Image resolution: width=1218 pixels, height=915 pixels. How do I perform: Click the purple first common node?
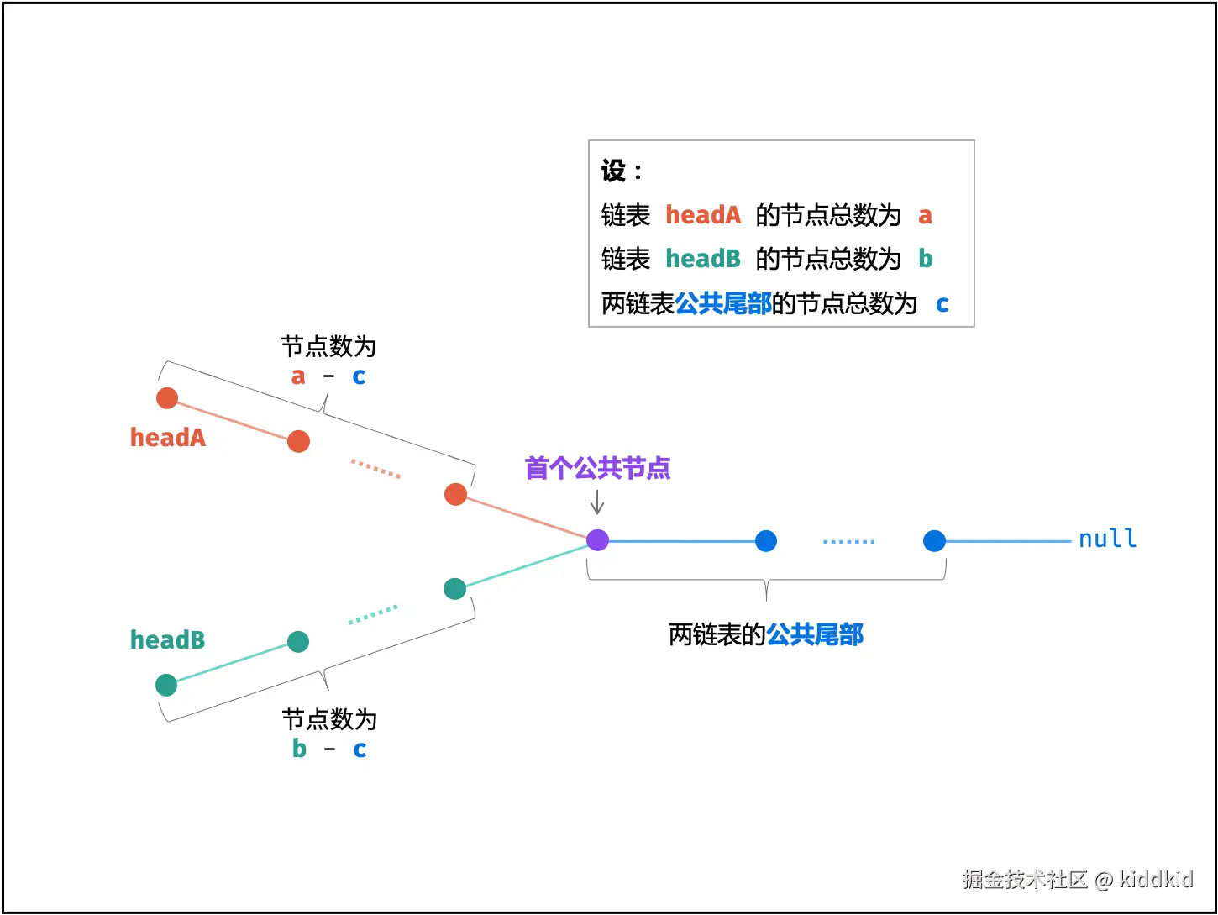pyautogui.click(x=597, y=539)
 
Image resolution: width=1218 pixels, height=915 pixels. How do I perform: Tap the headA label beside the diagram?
pyautogui.click(x=168, y=438)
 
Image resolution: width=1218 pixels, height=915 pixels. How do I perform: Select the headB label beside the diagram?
pyautogui.click(x=168, y=640)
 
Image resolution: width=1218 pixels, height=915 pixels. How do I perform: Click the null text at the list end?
pyautogui.click(x=1107, y=539)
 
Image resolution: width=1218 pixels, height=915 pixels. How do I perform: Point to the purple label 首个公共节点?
pyautogui.click(x=597, y=468)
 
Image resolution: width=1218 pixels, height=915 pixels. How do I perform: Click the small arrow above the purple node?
pyautogui.click(x=597, y=503)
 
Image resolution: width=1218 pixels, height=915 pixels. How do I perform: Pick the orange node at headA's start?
pyautogui.click(x=167, y=398)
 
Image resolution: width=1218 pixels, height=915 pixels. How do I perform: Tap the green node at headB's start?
pyautogui.click(x=166, y=685)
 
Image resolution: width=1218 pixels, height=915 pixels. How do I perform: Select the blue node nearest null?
pyautogui.click(x=934, y=541)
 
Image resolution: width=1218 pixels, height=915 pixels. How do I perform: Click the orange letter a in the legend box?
pyautogui.click(x=925, y=216)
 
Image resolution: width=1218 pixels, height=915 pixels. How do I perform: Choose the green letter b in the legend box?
pyautogui.click(x=925, y=259)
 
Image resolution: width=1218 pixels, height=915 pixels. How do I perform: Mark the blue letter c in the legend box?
pyautogui.click(x=942, y=304)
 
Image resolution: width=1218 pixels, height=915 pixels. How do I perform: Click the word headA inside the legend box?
pyautogui.click(x=703, y=215)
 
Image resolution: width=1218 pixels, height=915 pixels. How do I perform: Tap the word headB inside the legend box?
pyautogui.click(x=703, y=259)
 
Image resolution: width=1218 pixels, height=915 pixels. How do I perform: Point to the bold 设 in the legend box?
pyautogui.click(x=613, y=171)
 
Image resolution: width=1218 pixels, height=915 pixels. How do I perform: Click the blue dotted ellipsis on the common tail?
pyautogui.click(x=848, y=542)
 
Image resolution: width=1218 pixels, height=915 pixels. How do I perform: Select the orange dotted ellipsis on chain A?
pyautogui.click(x=375, y=469)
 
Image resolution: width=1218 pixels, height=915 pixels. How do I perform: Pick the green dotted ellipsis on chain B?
pyautogui.click(x=373, y=615)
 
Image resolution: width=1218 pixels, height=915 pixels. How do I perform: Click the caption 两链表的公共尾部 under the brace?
pyautogui.click(x=765, y=634)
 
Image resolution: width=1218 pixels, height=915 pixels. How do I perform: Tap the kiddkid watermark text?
pyautogui.click(x=1156, y=879)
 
